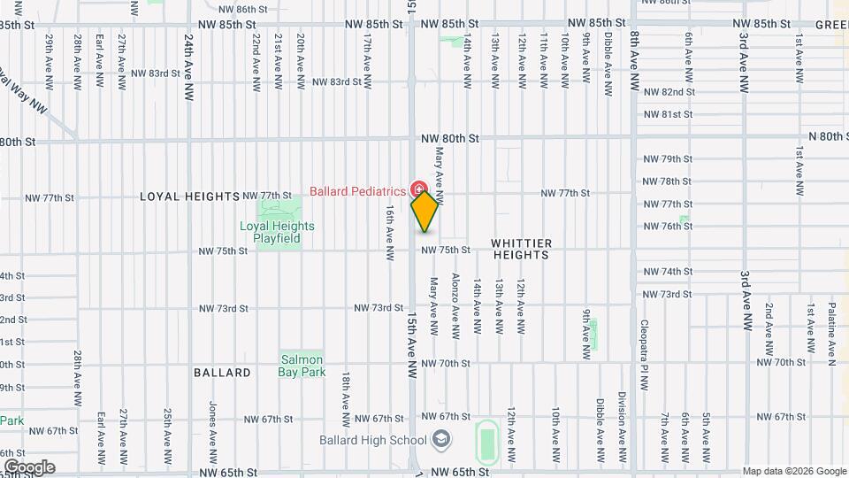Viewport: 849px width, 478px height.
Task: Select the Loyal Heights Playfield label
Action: pos(277,232)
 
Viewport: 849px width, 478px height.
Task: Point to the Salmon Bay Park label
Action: pos(302,366)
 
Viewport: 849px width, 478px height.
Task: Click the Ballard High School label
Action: pos(374,440)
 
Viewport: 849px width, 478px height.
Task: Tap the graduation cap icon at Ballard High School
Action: pos(440,440)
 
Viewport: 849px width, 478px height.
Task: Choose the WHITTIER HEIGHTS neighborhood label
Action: pos(521,249)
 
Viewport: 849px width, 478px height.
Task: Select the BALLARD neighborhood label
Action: pos(222,373)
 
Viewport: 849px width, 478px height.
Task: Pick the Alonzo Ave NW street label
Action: pos(455,305)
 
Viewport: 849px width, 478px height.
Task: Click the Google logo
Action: pos(29,467)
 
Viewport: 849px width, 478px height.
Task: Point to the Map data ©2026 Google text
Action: pos(794,471)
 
